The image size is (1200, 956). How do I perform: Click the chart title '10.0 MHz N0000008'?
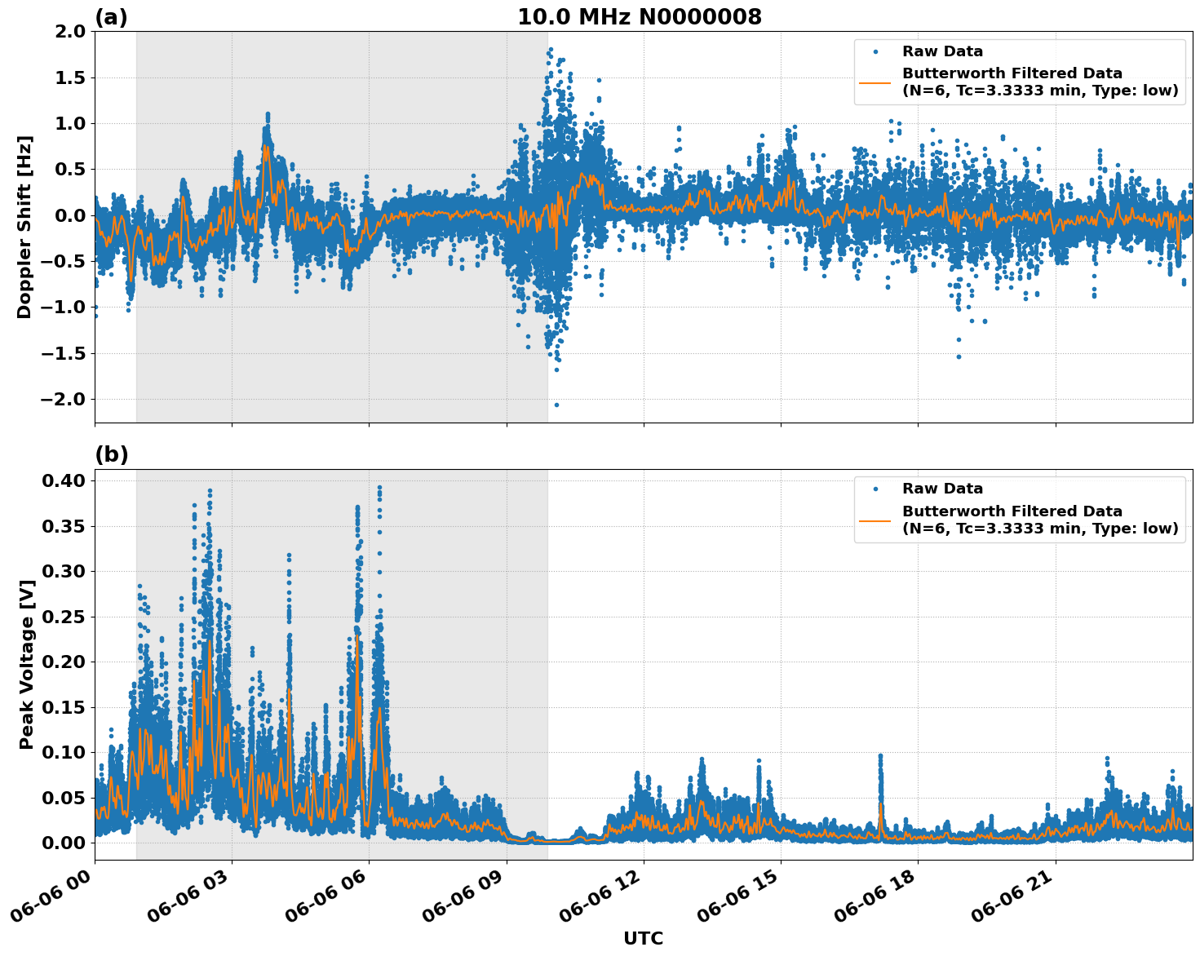tap(640, 17)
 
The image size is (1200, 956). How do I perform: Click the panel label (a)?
tap(111, 17)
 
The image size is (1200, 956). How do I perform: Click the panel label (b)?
tap(111, 454)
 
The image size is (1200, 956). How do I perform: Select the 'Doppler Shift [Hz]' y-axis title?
tap(24, 227)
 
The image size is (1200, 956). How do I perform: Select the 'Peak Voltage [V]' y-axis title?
tap(26, 682)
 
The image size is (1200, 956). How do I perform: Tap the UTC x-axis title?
tap(643, 938)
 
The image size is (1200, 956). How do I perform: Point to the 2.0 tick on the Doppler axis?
tap(69, 32)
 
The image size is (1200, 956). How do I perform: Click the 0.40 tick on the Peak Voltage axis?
tap(64, 480)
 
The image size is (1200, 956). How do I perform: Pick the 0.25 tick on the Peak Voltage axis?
tap(64, 617)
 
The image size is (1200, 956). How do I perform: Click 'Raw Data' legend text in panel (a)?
tap(942, 51)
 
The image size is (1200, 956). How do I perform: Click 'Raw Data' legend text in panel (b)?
tap(942, 489)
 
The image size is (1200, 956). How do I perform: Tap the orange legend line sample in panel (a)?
tap(875, 82)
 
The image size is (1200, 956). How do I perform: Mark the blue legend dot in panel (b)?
tap(875, 489)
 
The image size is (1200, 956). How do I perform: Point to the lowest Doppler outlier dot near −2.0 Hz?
tap(556, 405)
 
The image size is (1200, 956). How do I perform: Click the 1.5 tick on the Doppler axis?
tap(69, 77)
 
